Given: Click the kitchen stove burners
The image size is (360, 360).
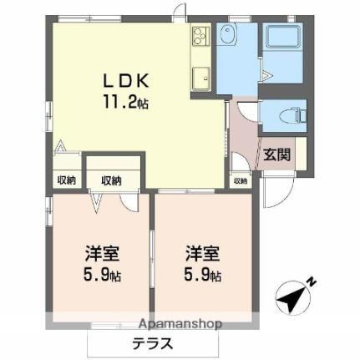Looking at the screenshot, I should click(x=200, y=35).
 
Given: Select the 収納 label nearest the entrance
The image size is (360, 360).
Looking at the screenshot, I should click(x=240, y=180).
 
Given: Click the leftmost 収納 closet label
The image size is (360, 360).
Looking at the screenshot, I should click(x=66, y=180).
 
